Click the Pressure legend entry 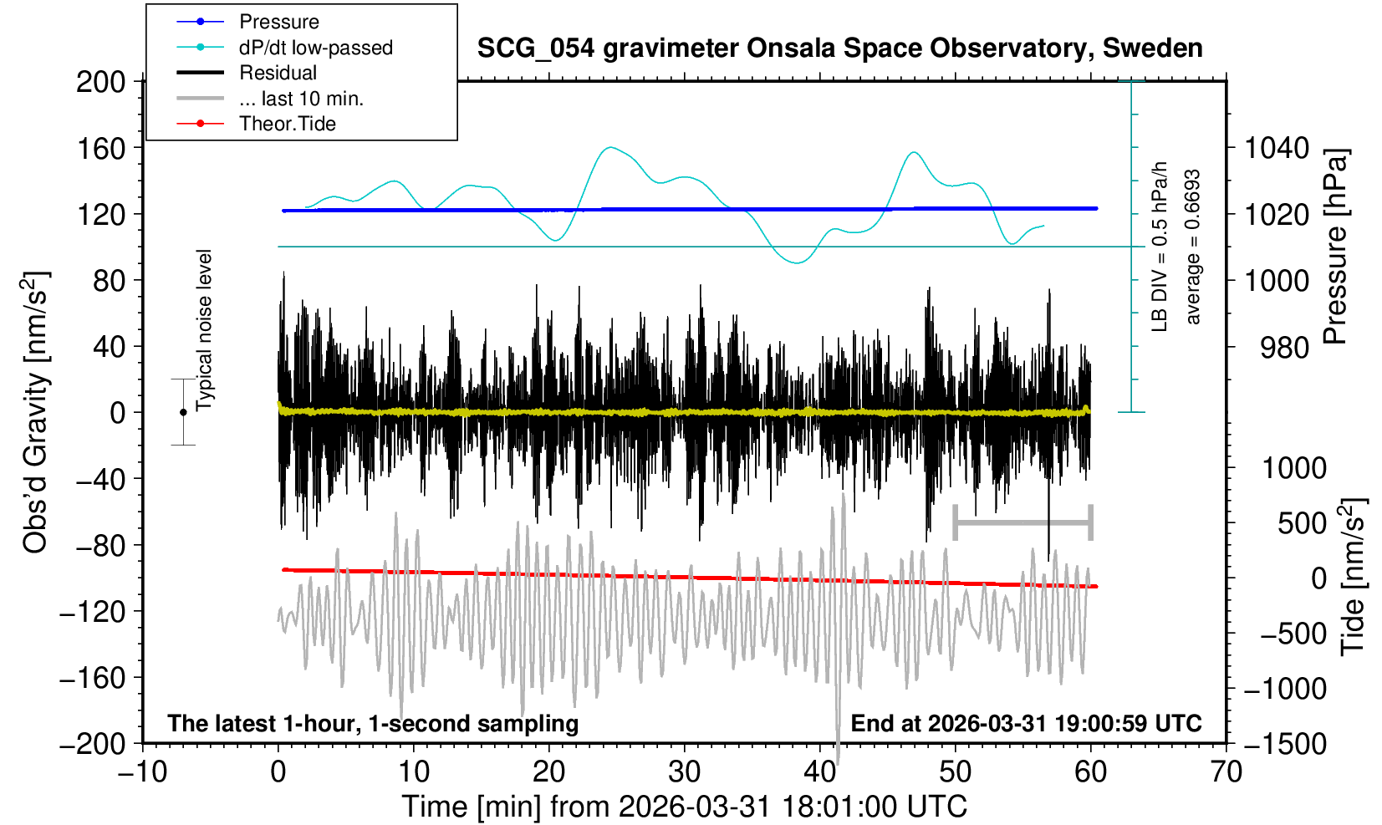coord(278,22)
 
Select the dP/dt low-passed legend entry coord(315,48)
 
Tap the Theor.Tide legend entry coord(287,124)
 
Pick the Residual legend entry coord(278,73)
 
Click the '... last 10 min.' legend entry coord(301,99)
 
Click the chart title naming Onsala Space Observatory coord(839,48)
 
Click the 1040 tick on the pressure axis coord(1277,149)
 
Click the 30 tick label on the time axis coord(684,771)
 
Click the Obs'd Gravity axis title coord(35,412)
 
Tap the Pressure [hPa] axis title coord(1336,247)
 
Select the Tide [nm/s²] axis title coord(1353,577)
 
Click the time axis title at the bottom coord(684,807)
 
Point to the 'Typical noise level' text coord(205,330)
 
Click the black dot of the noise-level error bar coord(183,412)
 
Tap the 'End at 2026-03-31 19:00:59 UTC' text coord(1026,723)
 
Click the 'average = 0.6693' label coord(1193,247)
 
